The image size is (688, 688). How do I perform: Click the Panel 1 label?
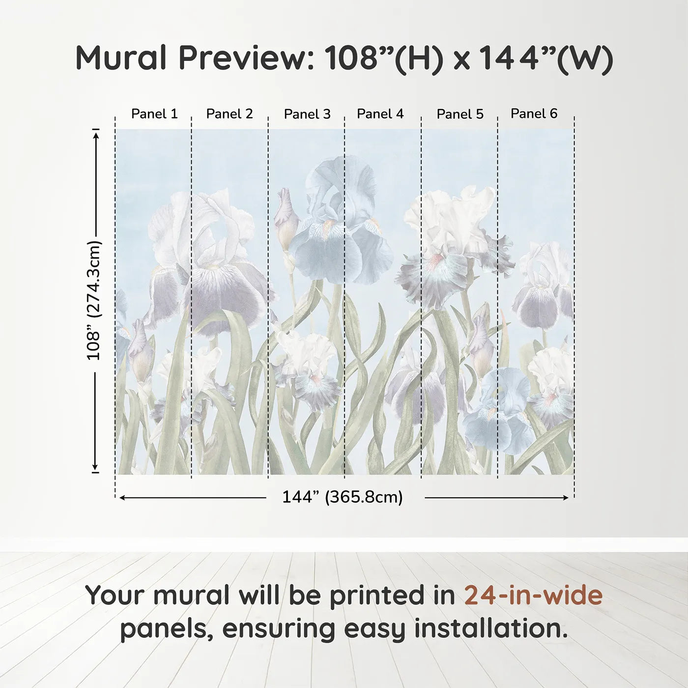tap(154, 114)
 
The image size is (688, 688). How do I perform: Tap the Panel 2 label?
tap(229, 114)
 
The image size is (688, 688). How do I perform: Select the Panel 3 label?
tap(307, 114)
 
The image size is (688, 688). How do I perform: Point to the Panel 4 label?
tap(380, 114)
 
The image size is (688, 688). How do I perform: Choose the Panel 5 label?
tap(460, 114)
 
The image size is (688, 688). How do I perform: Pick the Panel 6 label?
tap(534, 113)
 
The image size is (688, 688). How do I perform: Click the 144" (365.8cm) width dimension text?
tap(343, 497)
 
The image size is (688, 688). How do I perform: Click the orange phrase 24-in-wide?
tap(533, 595)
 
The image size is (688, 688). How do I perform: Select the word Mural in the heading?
tap(121, 58)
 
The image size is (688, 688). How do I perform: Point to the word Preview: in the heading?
tap(247, 58)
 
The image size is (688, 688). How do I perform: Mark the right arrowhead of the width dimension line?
tap(565, 498)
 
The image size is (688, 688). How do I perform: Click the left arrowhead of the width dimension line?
tap(122, 498)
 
